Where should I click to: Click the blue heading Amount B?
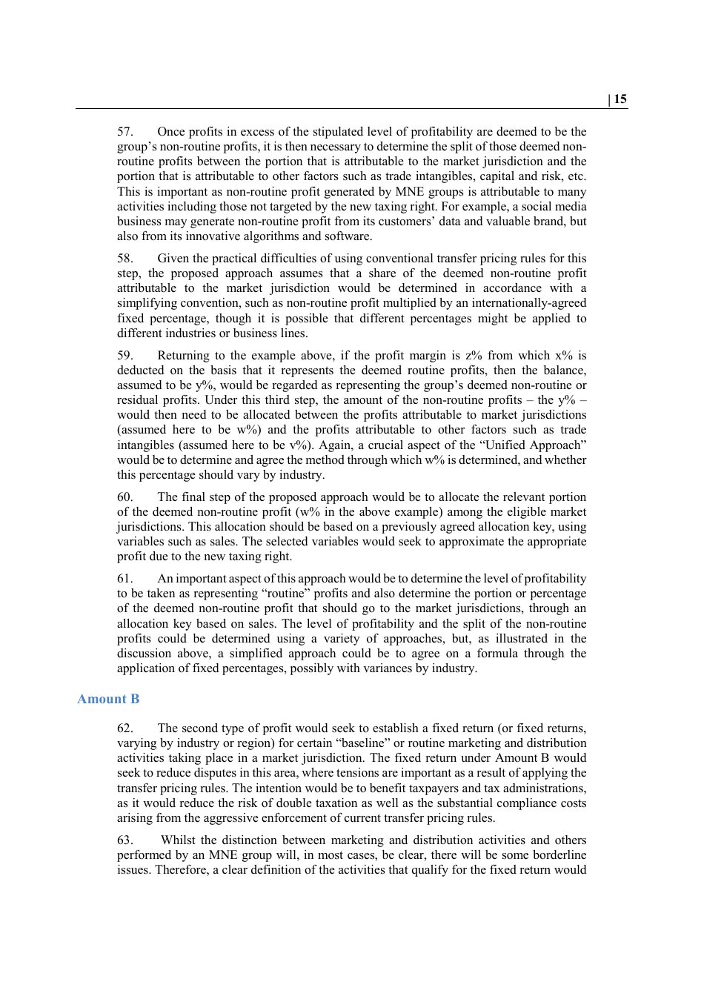[x=108, y=699]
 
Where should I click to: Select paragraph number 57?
[x=124, y=132]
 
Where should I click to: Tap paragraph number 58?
[x=124, y=259]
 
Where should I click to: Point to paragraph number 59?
[x=124, y=356]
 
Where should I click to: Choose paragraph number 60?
[x=124, y=497]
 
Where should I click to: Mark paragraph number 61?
[x=124, y=579]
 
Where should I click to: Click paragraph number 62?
[x=124, y=728]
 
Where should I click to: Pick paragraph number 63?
[x=124, y=840]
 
